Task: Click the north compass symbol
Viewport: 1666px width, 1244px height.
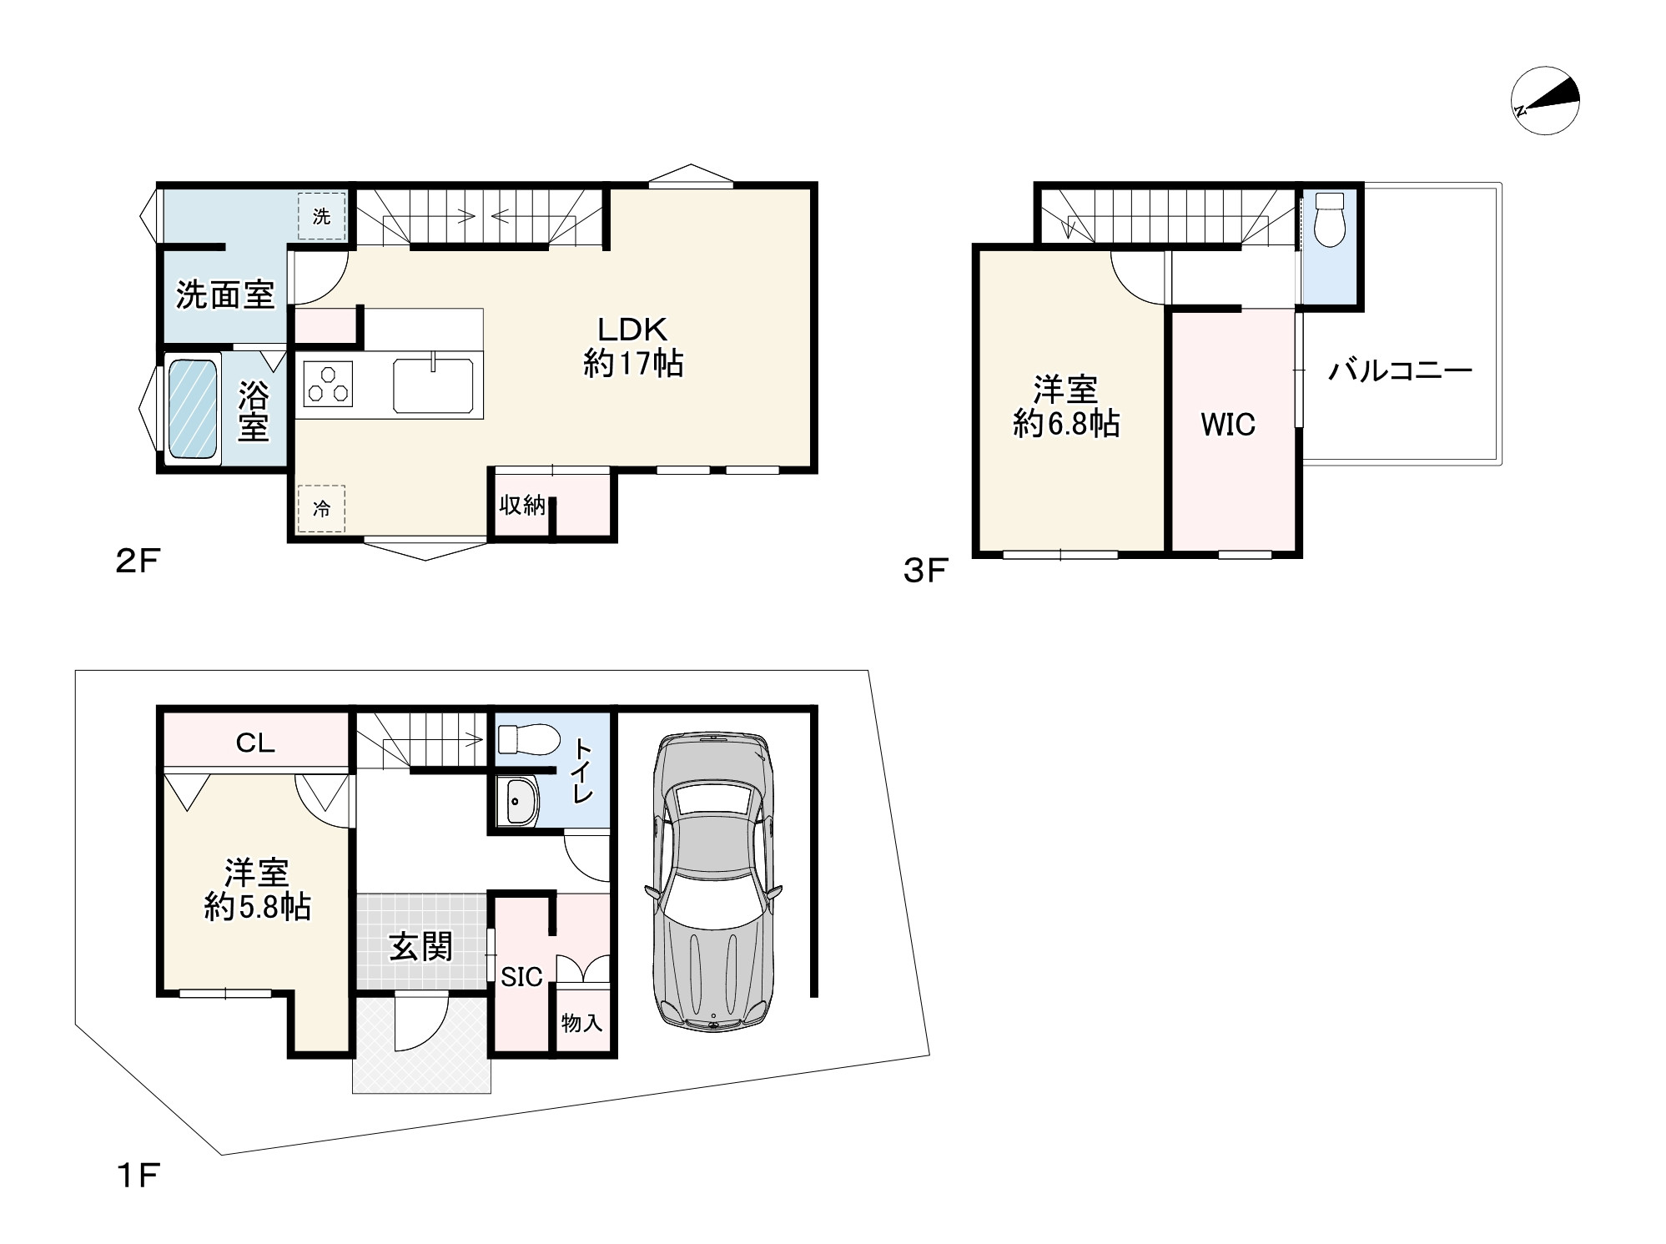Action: [x=1545, y=101]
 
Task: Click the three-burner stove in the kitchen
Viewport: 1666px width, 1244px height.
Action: [x=327, y=384]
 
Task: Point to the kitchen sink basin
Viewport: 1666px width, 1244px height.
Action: [x=434, y=384]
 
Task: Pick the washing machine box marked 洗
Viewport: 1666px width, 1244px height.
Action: [x=322, y=216]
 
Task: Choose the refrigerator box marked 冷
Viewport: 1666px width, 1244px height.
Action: [x=322, y=508]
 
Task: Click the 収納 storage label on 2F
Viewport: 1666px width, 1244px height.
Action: [x=522, y=505]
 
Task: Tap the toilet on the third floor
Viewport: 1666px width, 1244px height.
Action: [x=1330, y=219]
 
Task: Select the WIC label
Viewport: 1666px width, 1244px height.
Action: [x=1228, y=425]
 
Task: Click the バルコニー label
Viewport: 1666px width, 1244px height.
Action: [x=1400, y=370]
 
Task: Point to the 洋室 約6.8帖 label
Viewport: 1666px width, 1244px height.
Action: [x=1066, y=407]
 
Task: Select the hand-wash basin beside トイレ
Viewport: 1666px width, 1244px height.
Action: [x=520, y=802]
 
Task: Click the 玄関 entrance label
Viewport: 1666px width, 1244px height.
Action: [x=421, y=947]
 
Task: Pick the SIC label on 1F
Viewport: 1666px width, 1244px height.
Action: [x=522, y=976]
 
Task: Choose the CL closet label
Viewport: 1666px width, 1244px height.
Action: [x=255, y=743]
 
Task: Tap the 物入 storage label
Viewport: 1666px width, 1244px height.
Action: [x=581, y=1022]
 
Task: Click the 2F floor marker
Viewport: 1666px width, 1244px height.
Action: [x=137, y=562]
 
